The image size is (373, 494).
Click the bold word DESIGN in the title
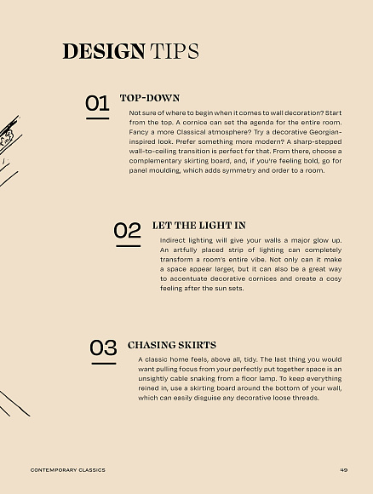pos(104,51)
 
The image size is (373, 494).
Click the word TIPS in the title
pos(175,51)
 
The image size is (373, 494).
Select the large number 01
pos(97,103)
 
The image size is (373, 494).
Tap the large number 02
pos(127,230)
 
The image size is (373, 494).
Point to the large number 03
pos(103,348)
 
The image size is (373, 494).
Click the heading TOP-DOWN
pos(150,98)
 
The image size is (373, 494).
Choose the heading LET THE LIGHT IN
pos(198,226)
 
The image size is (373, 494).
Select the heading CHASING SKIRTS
pos(172,345)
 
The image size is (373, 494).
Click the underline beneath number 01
pos(98,118)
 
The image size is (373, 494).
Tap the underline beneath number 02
pos(129,246)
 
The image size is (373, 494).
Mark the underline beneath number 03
pos(104,364)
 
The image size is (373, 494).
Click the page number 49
pos(344,470)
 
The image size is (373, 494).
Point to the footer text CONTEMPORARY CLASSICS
pos(68,470)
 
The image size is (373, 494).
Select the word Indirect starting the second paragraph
pos(173,240)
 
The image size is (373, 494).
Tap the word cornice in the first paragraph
pos(195,123)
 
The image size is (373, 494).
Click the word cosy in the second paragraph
pos(334,279)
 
